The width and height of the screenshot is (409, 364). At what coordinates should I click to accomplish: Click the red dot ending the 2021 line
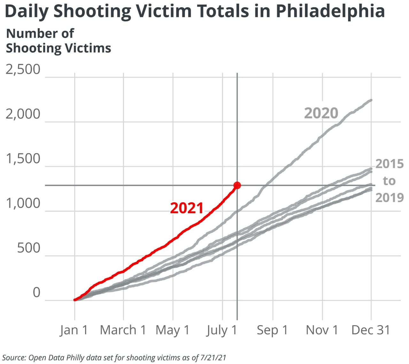tap(237, 185)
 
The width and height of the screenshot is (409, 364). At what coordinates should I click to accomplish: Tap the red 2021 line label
tap(187, 208)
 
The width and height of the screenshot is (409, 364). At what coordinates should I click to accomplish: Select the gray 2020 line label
tap(321, 113)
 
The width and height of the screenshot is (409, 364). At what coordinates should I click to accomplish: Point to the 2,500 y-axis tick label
tap(23, 69)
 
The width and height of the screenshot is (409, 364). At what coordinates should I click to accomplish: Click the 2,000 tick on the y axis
tap(23, 114)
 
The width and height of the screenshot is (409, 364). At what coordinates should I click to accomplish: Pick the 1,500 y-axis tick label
tap(23, 159)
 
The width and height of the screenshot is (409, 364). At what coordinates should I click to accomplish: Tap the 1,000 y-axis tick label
tap(23, 203)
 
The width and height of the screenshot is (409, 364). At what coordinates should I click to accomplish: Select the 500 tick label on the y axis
tap(29, 248)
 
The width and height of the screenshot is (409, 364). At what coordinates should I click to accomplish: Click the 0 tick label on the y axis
tap(37, 293)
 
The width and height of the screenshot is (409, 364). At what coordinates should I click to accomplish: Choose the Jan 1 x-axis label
tap(74, 330)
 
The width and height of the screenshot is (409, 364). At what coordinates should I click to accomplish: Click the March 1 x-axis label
tap(123, 330)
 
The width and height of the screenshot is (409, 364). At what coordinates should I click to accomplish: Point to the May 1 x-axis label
tap(173, 330)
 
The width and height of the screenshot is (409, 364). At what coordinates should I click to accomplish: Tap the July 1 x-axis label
tap(222, 330)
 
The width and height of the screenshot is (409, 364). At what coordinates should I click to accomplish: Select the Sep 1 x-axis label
tap(272, 330)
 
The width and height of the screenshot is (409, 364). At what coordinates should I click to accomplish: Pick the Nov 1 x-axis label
tap(322, 330)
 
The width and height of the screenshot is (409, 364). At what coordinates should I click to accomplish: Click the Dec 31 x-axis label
tap(371, 330)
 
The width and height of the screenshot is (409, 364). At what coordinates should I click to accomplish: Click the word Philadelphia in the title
tap(330, 12)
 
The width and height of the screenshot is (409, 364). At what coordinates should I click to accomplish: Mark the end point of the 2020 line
tap(371, 100)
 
